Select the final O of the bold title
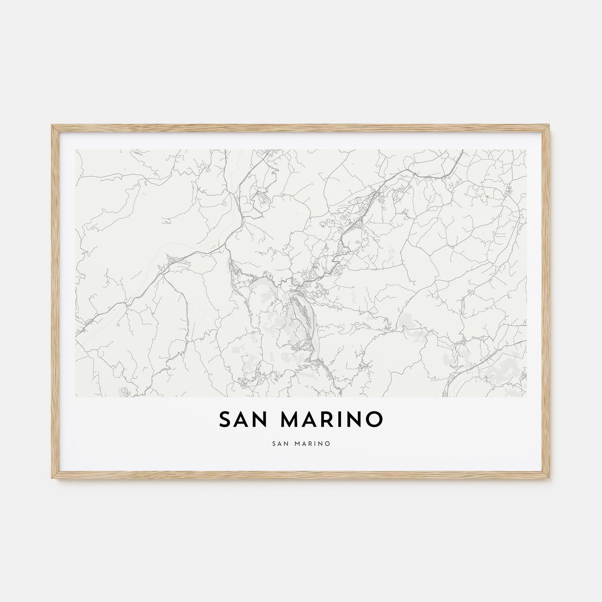(374, 420)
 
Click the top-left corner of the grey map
(76, 150)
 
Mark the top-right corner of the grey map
(526, 150)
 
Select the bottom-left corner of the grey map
(76, 396)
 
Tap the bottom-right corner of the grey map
(526, 396)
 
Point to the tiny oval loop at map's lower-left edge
(124, 391)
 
